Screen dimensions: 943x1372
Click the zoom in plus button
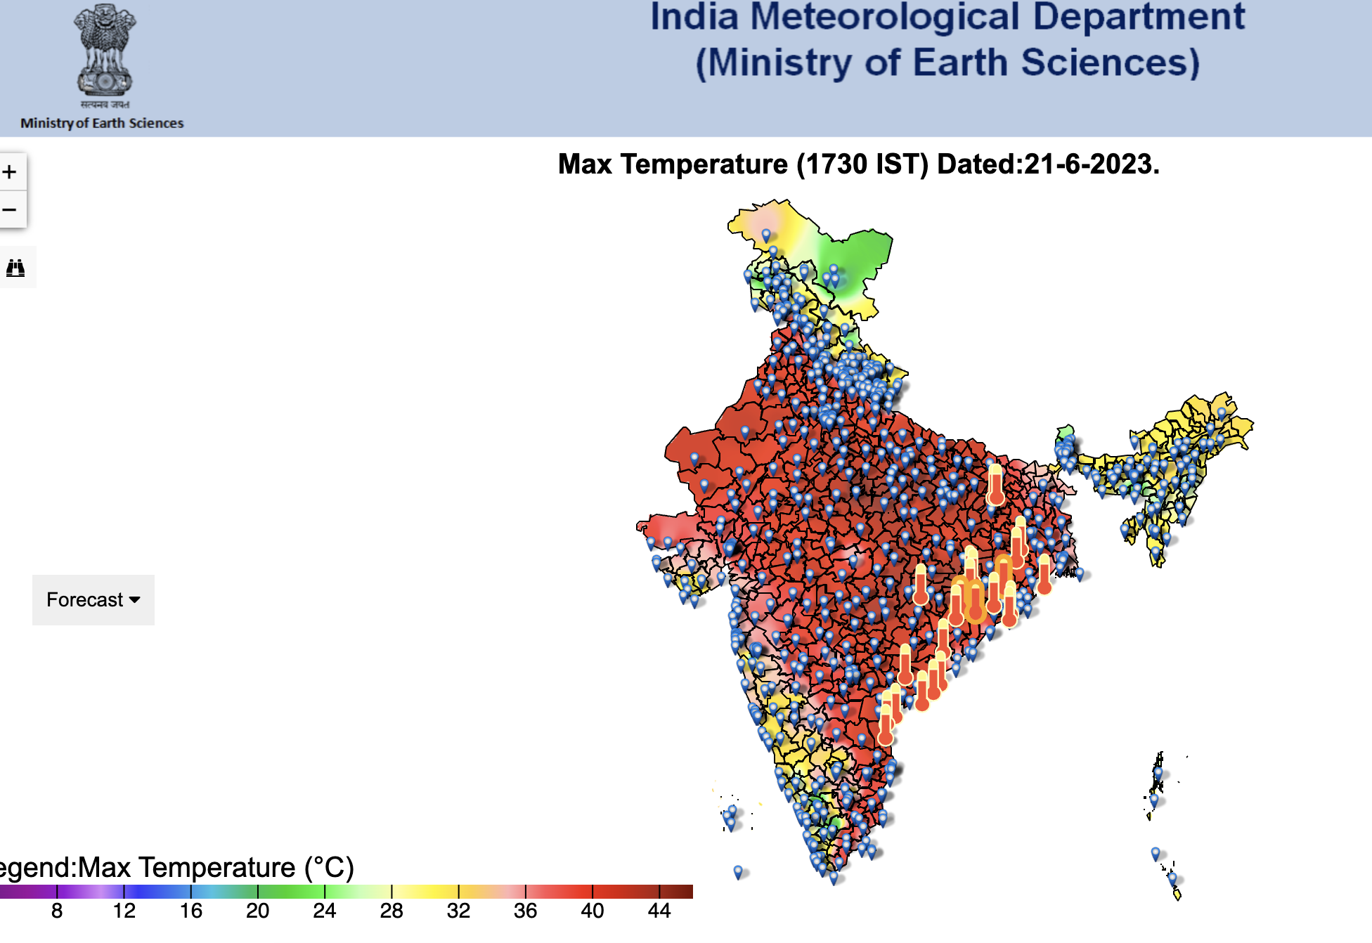(10, 172)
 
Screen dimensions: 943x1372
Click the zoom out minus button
(10, 209)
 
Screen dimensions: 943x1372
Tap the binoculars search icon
(15, 268)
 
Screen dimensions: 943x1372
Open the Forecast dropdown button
(93, 600)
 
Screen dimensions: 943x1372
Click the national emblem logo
(104, 53)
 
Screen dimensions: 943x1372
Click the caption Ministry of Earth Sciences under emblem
(102, 124)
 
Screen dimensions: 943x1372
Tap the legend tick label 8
(57, 911)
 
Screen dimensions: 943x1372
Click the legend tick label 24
(324, 911)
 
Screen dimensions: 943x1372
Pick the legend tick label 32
(458, 911)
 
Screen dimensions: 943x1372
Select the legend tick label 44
(659, 911)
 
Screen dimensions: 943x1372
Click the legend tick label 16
(190, 911)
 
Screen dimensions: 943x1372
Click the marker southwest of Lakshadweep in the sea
(737, 872)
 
